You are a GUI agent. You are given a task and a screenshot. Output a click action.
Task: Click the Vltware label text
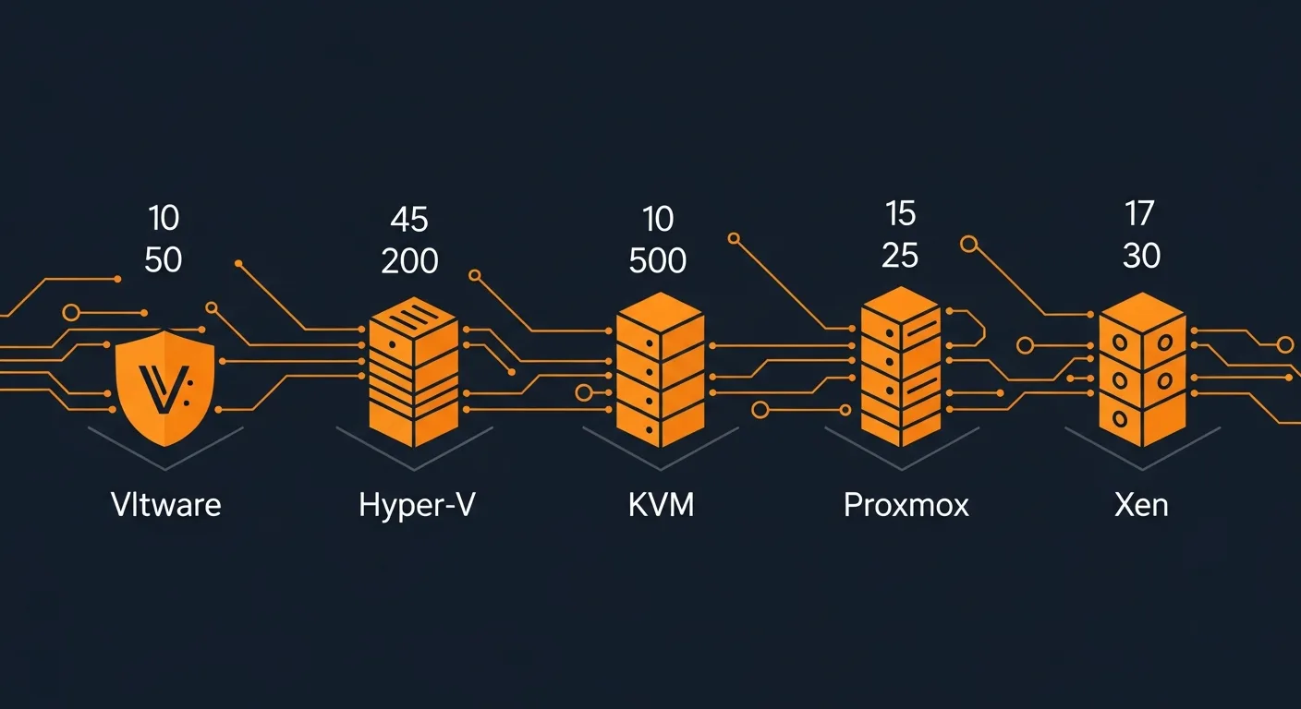[x=165, y=505]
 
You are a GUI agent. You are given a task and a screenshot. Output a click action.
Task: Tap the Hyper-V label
[x=417, y=506]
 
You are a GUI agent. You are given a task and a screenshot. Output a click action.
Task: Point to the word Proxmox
[x=906, y=505]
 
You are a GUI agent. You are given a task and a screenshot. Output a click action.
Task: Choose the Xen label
[x=1141, y=505]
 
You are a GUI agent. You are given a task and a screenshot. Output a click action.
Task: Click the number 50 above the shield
[x=164, y=260]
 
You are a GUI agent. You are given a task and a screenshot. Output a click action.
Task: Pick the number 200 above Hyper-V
[x=409, y=261]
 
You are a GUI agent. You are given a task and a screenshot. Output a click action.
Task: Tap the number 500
[x=657, y=261]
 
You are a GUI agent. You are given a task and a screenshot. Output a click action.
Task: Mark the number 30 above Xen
[x=1141, y=256]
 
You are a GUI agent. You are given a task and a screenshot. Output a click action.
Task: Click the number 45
[x=409, y=220]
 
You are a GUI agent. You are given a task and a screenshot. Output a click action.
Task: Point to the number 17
[x=1139, y=214]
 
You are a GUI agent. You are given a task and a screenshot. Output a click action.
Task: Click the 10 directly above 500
[x=657, y=220]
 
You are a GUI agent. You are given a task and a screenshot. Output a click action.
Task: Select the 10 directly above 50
[x=164, y=219]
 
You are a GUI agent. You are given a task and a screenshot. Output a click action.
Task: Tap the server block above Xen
[x=1141, y=369]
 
